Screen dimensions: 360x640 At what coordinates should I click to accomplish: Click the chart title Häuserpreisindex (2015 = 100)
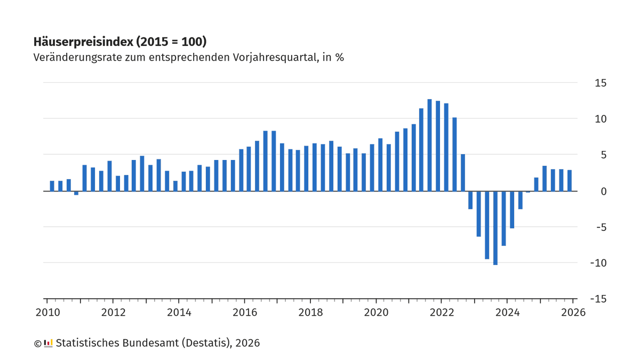point(120,42)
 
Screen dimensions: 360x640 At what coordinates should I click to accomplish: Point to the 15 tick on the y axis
point(601,83)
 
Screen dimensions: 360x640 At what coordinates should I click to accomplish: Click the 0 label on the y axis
point(603,191)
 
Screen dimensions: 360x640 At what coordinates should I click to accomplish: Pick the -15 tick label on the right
point(598,299)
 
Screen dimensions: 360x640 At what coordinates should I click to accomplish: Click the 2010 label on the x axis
point(47,313)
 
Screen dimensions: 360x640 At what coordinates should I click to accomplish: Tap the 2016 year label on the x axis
point(244,313)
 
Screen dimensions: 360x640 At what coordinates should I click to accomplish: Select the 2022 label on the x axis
point(442,313)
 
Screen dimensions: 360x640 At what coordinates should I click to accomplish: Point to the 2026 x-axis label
point(573,313)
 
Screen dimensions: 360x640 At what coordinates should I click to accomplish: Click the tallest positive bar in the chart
point(429,145)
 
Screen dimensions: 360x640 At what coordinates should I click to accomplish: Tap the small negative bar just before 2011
point(76,193)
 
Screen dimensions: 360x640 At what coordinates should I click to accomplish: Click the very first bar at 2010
point(52,186)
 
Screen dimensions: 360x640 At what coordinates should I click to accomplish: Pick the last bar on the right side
point(570,180)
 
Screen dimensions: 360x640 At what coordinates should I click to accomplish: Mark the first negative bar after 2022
point(470,200)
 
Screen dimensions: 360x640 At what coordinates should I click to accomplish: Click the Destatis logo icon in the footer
point(48,343)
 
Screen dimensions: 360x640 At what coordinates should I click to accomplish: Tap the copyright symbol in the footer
point(37,343)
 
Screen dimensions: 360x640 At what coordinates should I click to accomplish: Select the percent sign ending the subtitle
point(339,57)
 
